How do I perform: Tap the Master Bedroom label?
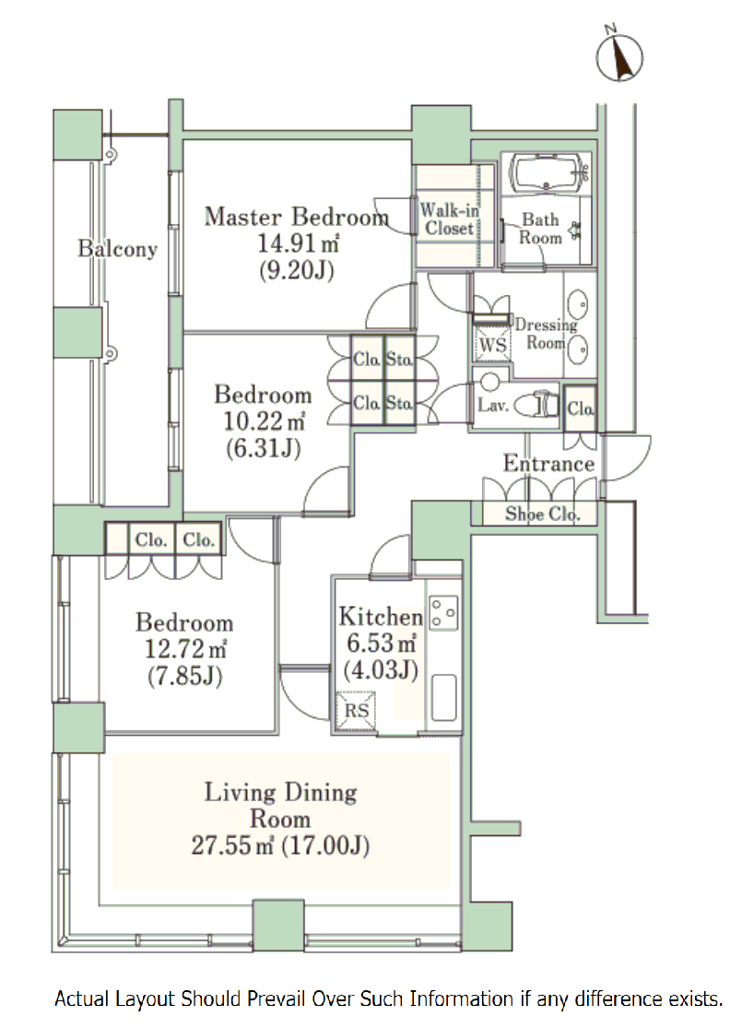297,217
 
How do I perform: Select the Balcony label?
117,249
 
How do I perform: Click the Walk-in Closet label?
449,219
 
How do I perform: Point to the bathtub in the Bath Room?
547,173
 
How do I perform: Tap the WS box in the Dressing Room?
492,344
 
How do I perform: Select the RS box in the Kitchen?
357,711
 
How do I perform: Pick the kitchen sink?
444,698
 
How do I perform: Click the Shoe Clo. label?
542,514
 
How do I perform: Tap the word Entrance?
548,464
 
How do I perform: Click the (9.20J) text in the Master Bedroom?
297,270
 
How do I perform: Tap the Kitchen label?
381,616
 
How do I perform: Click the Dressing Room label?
546,334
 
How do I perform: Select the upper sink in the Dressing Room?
578,304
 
